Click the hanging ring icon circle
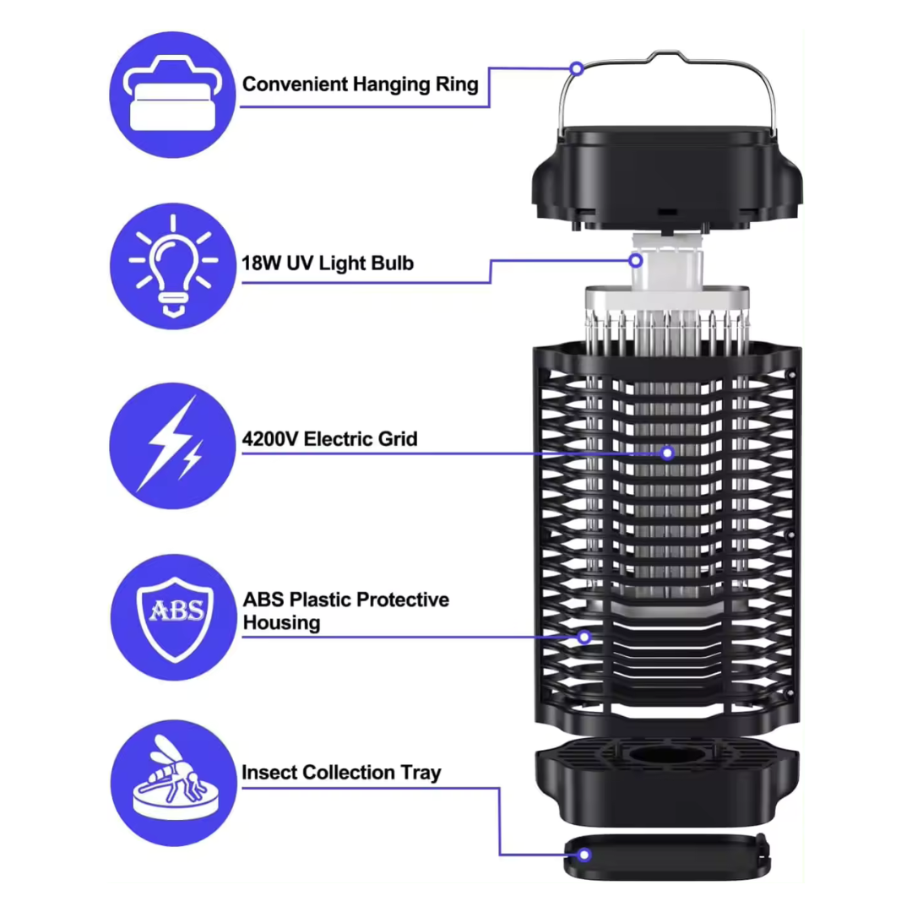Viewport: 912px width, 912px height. (172, 95)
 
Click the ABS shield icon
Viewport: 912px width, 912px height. (174, 617)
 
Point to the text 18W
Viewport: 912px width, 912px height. (261, 263)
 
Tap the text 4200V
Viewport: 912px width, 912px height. (270, 438)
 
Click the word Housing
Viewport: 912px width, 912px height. (281, 623)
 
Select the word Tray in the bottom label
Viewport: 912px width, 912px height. (421, 773)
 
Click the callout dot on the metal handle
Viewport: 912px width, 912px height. (577, 69)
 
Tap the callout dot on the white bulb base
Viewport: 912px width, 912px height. (636, 261)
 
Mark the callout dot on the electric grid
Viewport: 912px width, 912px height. (668, 453)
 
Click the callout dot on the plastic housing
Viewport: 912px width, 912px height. (584, 638)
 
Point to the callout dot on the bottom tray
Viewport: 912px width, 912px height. (584, 855)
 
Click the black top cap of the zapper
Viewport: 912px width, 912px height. (667, 177)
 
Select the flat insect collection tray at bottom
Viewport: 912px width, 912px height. (667, 856)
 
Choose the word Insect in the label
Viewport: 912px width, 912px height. (269, 773)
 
